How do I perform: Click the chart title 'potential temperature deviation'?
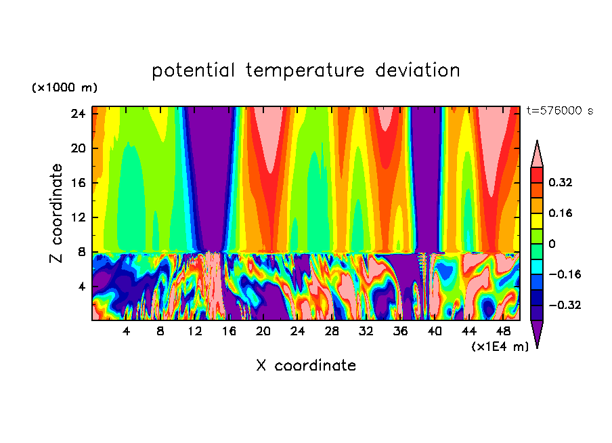pyautogui.click(x=306, y=70)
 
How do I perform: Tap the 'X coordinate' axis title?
pyautogui.click(x=306, y=366)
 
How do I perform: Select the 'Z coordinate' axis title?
pyautogui.click(x=57, y=213)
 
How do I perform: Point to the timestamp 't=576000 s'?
pyautogui.click(x=560, y=111)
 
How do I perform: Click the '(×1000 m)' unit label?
pyautogui.click(x=64, y=88)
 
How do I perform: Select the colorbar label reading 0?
pyautogui.click(x=552, y=244)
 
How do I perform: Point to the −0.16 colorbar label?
pyautogui.click(x=565, y=274)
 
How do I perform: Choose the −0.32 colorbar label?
pyautogui.click(x=565, y=305)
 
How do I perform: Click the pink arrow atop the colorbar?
pyautogui.click(x=537, y=155)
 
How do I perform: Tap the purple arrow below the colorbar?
pyautogui.click(x=537, y=333)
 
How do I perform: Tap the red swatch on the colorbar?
pyautogui.click(x=537, y=175)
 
